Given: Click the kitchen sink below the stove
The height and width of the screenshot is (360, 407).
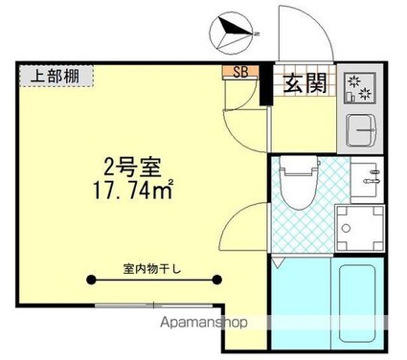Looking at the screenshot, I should point(362,128).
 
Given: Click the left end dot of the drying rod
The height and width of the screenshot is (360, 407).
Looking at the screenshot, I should point(92,280).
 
